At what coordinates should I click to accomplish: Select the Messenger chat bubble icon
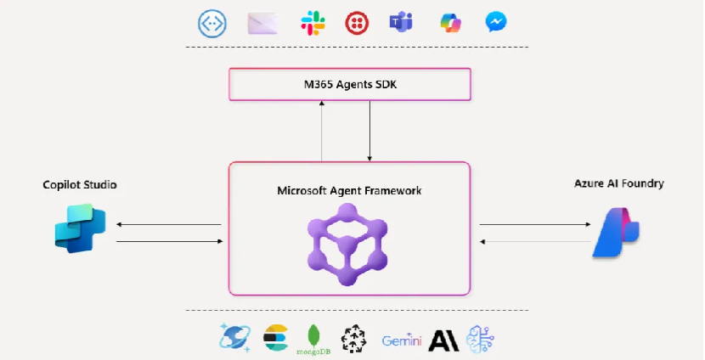point(497,23)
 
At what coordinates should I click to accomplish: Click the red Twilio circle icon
point(358,23)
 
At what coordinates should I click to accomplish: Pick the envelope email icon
point(263,23)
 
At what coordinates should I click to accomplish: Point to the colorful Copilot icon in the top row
point(449,23)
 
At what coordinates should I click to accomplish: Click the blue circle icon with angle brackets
point(211,23)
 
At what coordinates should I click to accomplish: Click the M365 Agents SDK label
point(350,85)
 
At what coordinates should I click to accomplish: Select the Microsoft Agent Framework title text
point(349,190)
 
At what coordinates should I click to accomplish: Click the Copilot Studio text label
point(80,184)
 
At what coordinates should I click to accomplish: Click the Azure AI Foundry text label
point(618,183)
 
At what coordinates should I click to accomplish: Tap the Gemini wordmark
point(401,340)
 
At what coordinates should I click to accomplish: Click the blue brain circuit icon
point(480,340)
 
